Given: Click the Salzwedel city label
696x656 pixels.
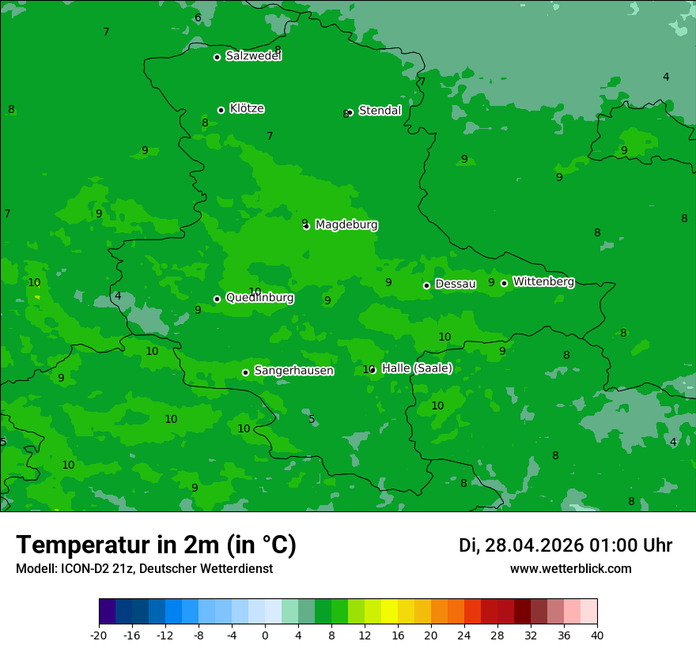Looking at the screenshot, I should pyautogui.click(x=253, y=56).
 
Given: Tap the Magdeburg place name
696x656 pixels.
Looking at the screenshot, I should pyautogui.click(x=346, y=225).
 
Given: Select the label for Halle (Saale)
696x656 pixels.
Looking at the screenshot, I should pyautogui.click(x=417, y=368).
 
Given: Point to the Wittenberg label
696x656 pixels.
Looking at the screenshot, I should pyautogui.click(x=543, y=281).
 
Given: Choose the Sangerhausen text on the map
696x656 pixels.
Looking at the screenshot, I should pyautogui.click(x=293, y=371).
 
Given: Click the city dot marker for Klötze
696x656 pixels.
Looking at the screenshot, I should pyautogui.click(x=221, y=110).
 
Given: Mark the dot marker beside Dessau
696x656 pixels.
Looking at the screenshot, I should pyautogui.click(x=426, y=285).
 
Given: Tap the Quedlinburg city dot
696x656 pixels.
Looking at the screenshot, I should pyautogui.click(x=217, y=299).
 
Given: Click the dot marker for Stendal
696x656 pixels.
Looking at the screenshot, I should pyautogui.click(x=350, y=112).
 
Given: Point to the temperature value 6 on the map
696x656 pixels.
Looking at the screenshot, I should pyautogui.click(x=198, y=18).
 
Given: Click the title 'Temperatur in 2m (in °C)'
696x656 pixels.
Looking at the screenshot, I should pyautogui.click(x=156, y=545).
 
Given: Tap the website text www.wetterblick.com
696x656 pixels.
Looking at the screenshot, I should pyautogui.click(x=570, y=569).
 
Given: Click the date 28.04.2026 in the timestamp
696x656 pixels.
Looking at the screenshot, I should pyautogui.click(x=534, y=546).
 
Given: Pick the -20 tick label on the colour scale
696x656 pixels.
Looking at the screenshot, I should pyautogui.click(x=99, y=635).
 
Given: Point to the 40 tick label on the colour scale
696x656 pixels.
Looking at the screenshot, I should pyautogui.click(x=597, y=635).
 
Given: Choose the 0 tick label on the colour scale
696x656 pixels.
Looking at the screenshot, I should pyautogui.click(x=265, y=635).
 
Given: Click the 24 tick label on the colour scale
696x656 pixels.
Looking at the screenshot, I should pyautogui.click(x=464, y=635).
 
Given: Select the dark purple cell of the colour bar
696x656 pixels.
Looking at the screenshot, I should pyautogui.click(x=107, y=612).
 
